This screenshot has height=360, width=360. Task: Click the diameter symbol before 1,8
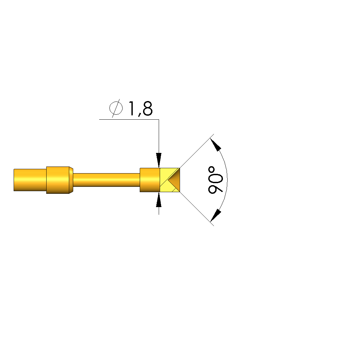[x=116, y=108]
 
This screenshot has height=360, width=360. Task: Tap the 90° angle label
[x=215, y=180]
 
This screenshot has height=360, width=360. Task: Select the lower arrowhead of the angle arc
[x=216, y=215]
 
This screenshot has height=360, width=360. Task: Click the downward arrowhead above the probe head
[x=159, y=160]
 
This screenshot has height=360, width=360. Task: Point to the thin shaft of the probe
[x=106, y=180]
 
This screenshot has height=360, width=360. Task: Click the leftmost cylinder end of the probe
[x=30, y=180]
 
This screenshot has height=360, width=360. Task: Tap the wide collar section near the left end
[x=58, y=180]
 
